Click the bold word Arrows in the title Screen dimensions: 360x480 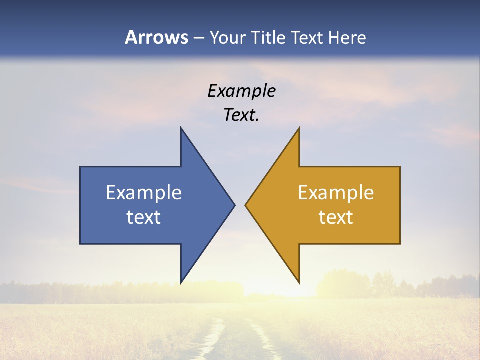(x=156, y=37)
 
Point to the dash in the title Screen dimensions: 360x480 (x=198, y=38)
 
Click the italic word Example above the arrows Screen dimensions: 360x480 (x=241, y=91)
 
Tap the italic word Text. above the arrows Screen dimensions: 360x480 (x=241, y=115)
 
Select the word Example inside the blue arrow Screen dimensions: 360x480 (x=143, y=193)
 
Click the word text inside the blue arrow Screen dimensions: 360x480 (x=143, y=217)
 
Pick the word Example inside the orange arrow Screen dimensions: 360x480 (x=336, y=193)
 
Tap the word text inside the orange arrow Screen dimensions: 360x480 (x=336, y=217)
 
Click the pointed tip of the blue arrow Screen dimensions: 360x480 (x=234, y=205)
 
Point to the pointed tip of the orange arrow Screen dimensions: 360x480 (x=246, y=205)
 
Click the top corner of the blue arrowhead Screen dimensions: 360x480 (x=181, y=128)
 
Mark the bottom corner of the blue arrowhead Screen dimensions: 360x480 (x=181, y=282)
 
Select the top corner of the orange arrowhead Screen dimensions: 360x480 (x=298, y=128)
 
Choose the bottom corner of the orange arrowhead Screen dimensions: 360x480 (x=298, y=282)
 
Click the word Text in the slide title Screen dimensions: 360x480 (x=308, y=37)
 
